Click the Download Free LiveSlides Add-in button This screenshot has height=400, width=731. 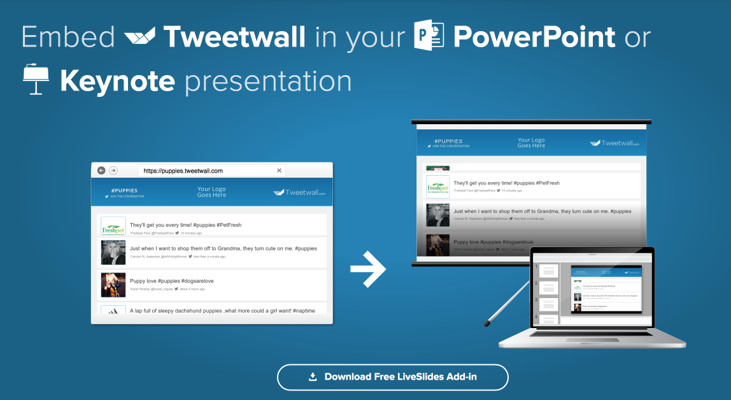[392, 377]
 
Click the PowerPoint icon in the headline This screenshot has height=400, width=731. [429, 36]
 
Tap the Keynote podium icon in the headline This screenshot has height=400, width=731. [36, 79]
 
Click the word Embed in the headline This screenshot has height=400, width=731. [67, 37]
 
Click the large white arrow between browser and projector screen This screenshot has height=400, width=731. [369, 269]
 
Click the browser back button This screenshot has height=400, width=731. [101, 171]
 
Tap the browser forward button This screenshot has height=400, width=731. [113, 171]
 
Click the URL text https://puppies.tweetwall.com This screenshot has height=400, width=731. [183, 171]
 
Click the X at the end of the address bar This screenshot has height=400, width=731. [279, 171]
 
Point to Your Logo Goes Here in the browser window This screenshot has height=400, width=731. [211, 192]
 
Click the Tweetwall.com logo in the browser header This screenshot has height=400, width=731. [299, 192]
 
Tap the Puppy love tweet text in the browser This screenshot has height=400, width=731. [172, 281]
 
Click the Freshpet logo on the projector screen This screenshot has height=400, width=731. [438, 187]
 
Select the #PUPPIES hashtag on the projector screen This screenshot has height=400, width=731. [448, 141]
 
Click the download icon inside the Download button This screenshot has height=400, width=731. [313, 377]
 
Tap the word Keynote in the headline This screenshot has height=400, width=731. [117, 82]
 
